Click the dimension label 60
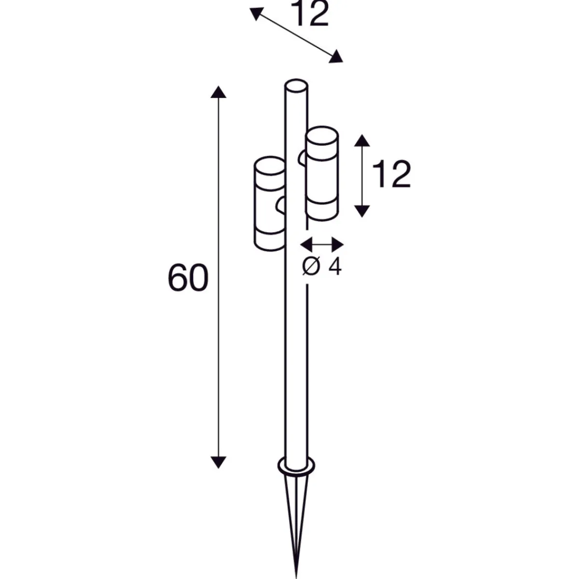tap(188, 277)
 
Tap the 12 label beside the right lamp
tap(391, 174)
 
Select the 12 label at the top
tap(310, 13)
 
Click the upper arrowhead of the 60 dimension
tap(219, 92)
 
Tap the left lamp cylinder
tap(270, 204)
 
